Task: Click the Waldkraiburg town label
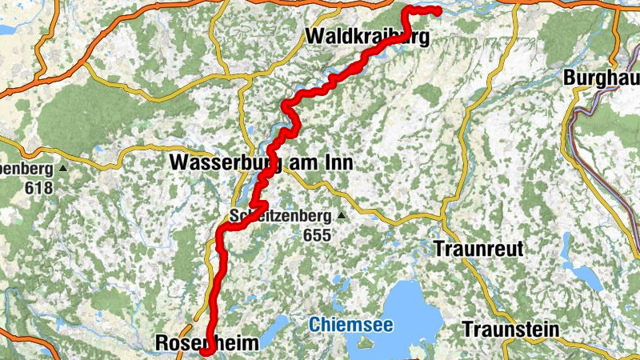pyautogui.click(x=367, y=37)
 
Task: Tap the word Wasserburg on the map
pyautogui.click(x=222, y=163)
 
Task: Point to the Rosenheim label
pyautogui.click(x=206, y=343)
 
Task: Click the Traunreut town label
pyautogui.click(x=478, y=249)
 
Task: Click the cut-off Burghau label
pyautogui.click(x=601, y=78)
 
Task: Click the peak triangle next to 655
pyautogui.click(x=342, y=216)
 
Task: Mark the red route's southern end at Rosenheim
pyautogui.click(x=203, y=351)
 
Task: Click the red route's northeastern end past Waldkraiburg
pyautogui.click(x=439, y=10)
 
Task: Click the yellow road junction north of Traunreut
pyautogui.click(x=442, y=216)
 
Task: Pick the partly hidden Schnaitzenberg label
pyautogui.click(x=280, y=216)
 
